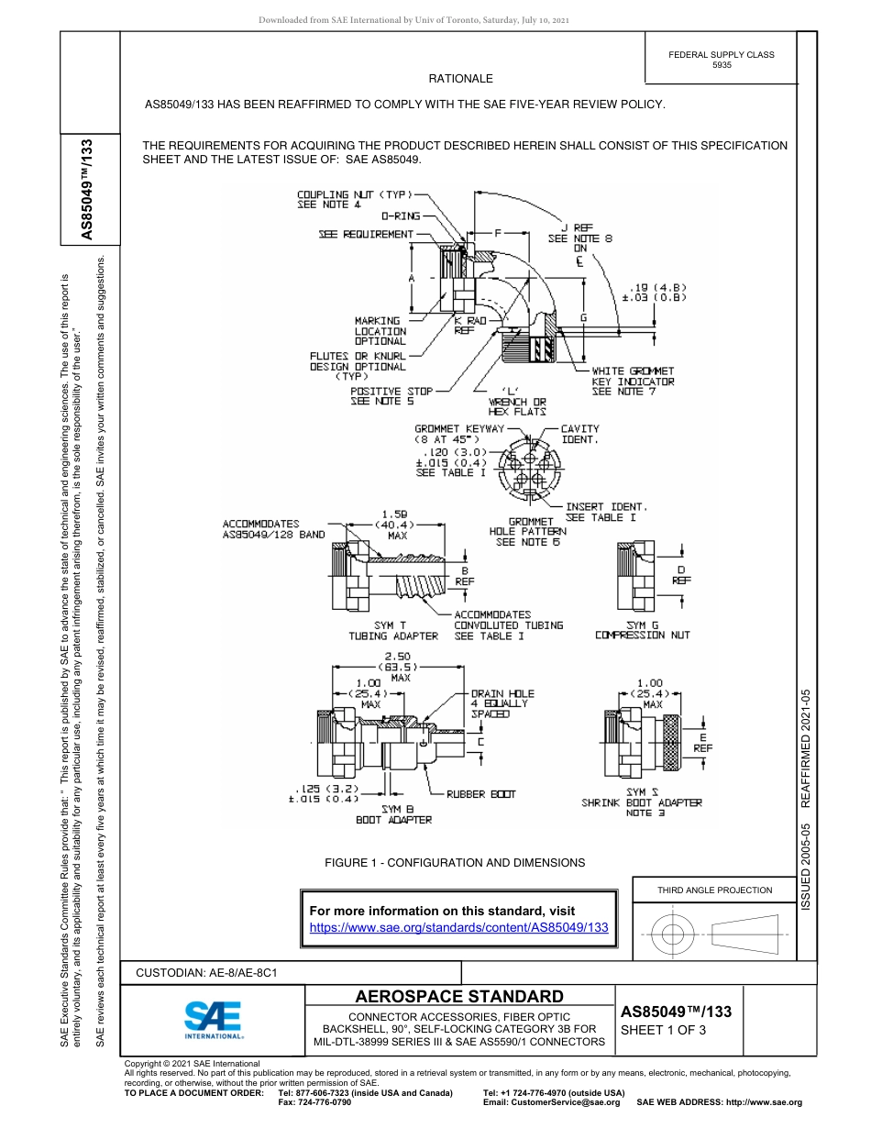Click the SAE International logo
click(214, 1018)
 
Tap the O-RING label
click(401, 216)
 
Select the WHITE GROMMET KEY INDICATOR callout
click(633, 382)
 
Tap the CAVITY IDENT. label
click(579, 434)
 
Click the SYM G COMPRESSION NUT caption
click(642, 630)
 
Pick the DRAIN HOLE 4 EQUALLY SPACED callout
click(502, 703)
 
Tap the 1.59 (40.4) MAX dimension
click(396, 525)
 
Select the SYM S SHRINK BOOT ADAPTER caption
click(642, 802)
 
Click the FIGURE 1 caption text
click(455, 863)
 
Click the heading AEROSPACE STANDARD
click(459, 997)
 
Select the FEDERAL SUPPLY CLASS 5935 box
click(722, 60)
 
